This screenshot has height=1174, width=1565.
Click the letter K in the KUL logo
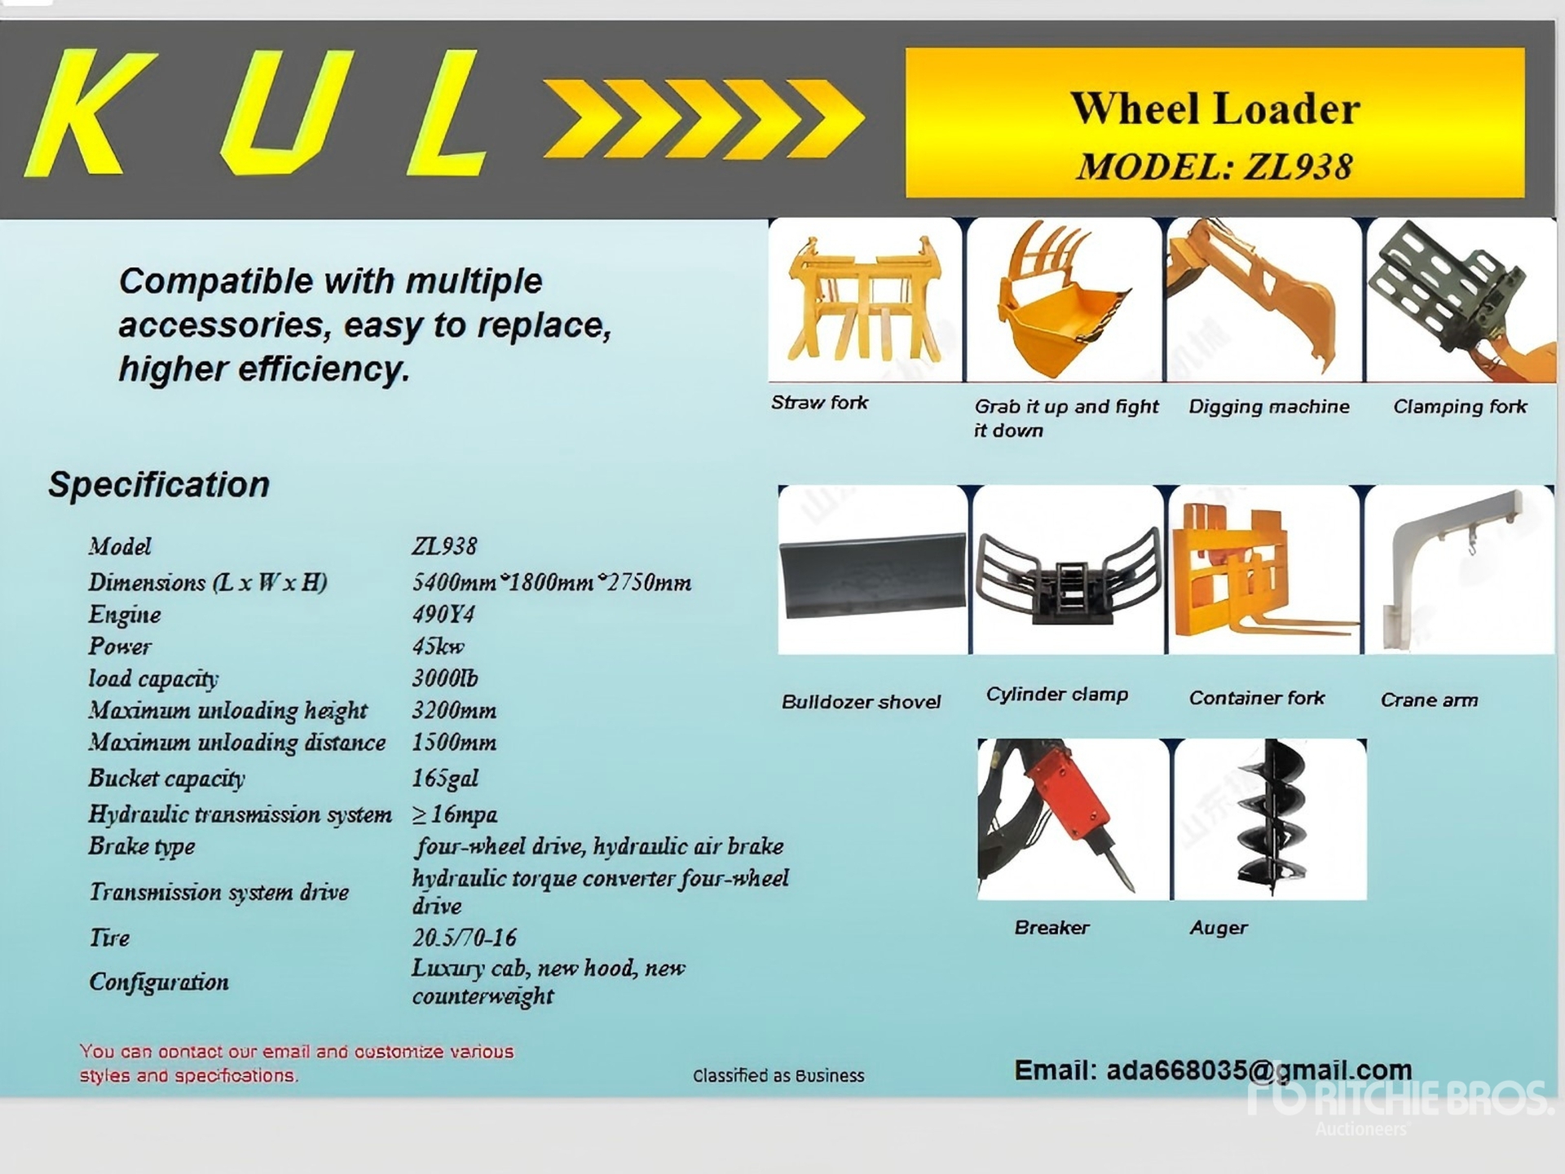tap(90, 113)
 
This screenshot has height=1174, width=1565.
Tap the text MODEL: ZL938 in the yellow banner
tap(1215, 167)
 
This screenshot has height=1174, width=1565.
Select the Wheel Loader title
tap(1215, 108)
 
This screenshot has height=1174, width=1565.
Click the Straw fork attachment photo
tap(865, 299)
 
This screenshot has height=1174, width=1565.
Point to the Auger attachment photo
tap(1270, 819)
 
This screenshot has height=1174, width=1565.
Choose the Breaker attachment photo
tap(1073, 819)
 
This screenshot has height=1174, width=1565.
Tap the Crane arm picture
tap(1461, 570)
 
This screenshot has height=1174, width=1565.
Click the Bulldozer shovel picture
tap(873, 570)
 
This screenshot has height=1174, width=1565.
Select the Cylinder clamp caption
tap(1057, 695)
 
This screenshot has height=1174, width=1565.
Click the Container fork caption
tap(1256, 698)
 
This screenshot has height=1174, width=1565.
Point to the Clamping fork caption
tap(1460, 407)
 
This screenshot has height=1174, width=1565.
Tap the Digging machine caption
tap(1269, 407)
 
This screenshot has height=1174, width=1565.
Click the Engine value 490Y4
tap(443, 614)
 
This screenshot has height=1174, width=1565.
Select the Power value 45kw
tap(438, 647)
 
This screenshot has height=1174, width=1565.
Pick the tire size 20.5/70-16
tap(464, 938)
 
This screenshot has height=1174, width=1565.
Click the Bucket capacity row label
tap(166, 779)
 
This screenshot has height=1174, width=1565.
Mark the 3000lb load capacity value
tap(445, 678)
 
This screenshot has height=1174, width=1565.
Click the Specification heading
tap(159, 485)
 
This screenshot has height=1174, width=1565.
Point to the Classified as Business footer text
tap(778, 1075)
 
